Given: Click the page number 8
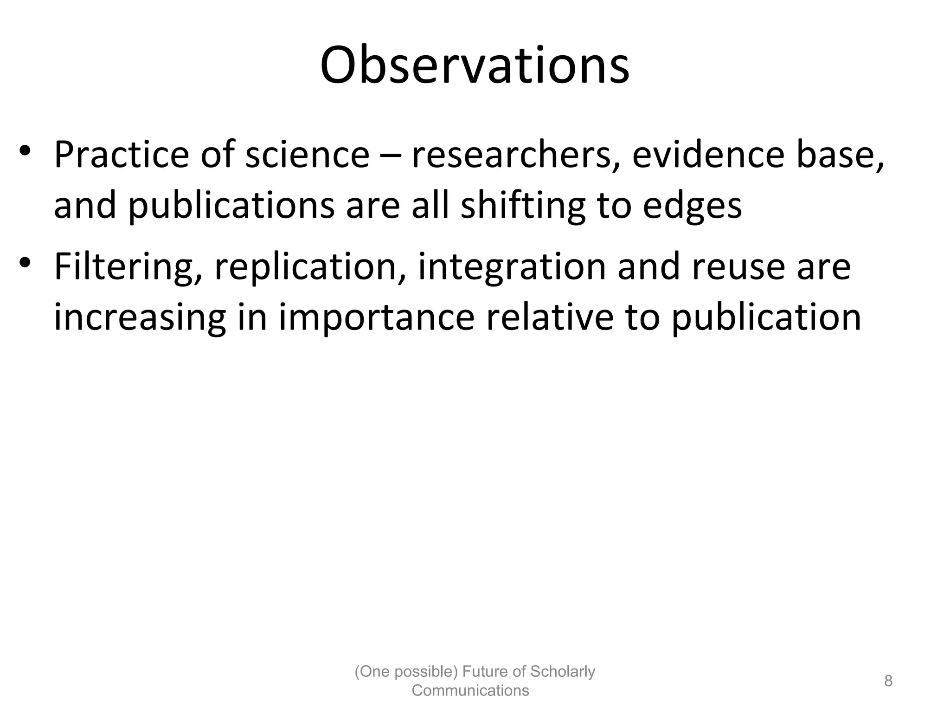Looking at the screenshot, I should [x=888, y=681].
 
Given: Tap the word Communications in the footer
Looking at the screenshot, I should [x=470, y=691].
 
